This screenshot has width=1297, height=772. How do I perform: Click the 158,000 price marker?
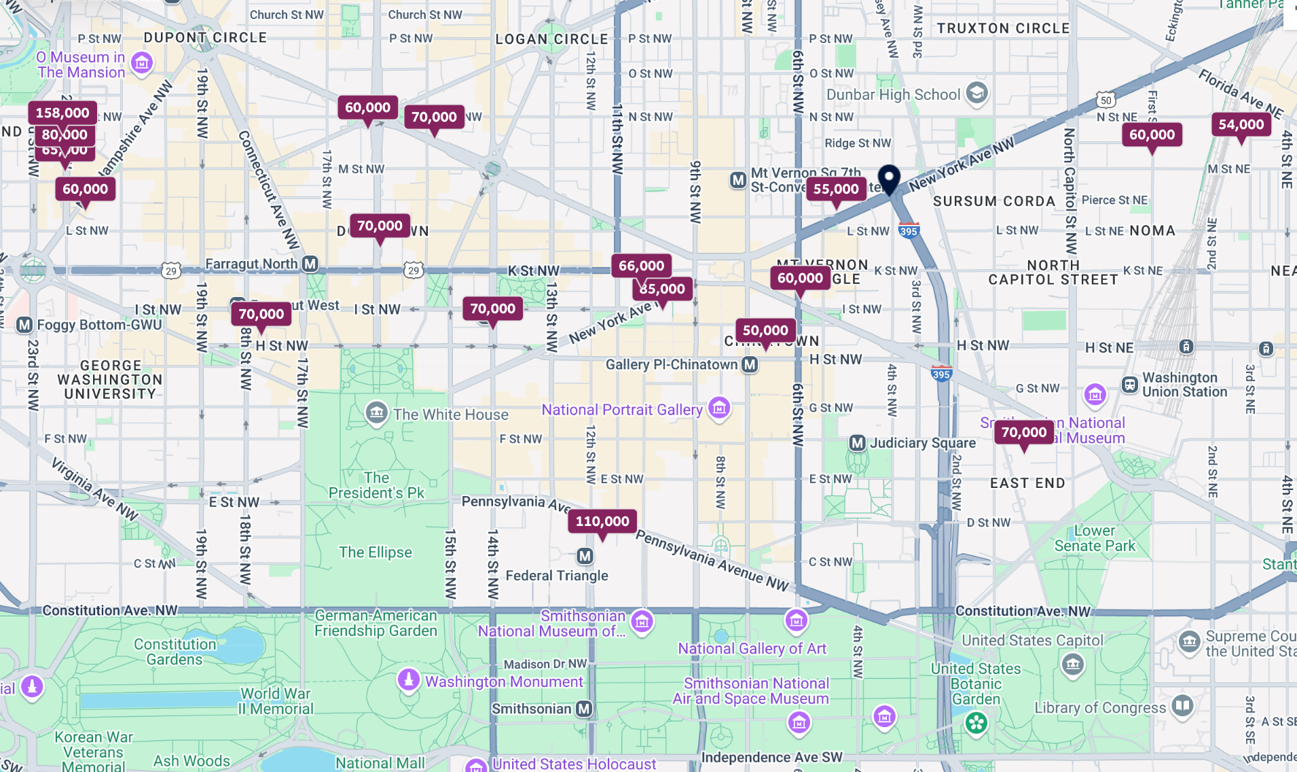click(x=62, y=113)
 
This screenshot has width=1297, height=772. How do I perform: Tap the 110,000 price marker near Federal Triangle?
click(x=602, y=521)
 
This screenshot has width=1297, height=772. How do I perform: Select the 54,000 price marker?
click(x=1241, y=124)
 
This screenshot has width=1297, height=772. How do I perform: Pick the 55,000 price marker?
click(x=836, y=189)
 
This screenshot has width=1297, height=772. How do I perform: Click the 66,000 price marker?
click(x=641, y=266)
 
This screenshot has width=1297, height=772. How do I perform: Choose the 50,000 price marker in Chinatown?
click(x=765, y=330)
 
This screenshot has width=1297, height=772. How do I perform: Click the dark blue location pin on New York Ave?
click(x=889, y=178)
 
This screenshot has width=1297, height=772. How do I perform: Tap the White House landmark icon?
click(x=376, y=413)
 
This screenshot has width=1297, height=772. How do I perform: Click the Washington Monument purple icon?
click(x=408, y=679)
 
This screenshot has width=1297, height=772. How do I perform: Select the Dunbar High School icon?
click(x=976, y=93)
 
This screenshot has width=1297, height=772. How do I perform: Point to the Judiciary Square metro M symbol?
click(x=858, y=443)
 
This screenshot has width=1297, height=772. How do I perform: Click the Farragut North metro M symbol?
click(x=310, y=264)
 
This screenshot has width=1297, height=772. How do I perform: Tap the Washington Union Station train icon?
click(x=1129, y=385)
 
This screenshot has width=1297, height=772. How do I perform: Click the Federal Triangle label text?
click(x=557, y=576)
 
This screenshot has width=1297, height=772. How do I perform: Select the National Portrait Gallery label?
click(x=621, y=410)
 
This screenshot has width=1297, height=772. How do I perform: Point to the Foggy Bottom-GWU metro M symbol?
click(x=24, y=325)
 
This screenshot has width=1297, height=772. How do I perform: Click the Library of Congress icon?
click(x=1182, y=705)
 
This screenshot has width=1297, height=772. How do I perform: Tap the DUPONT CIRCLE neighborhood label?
click(x=205, y=37)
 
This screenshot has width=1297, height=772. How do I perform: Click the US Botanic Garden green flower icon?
click(x=976, y=723)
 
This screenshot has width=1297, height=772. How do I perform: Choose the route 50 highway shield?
click(x=1106, y=101)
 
